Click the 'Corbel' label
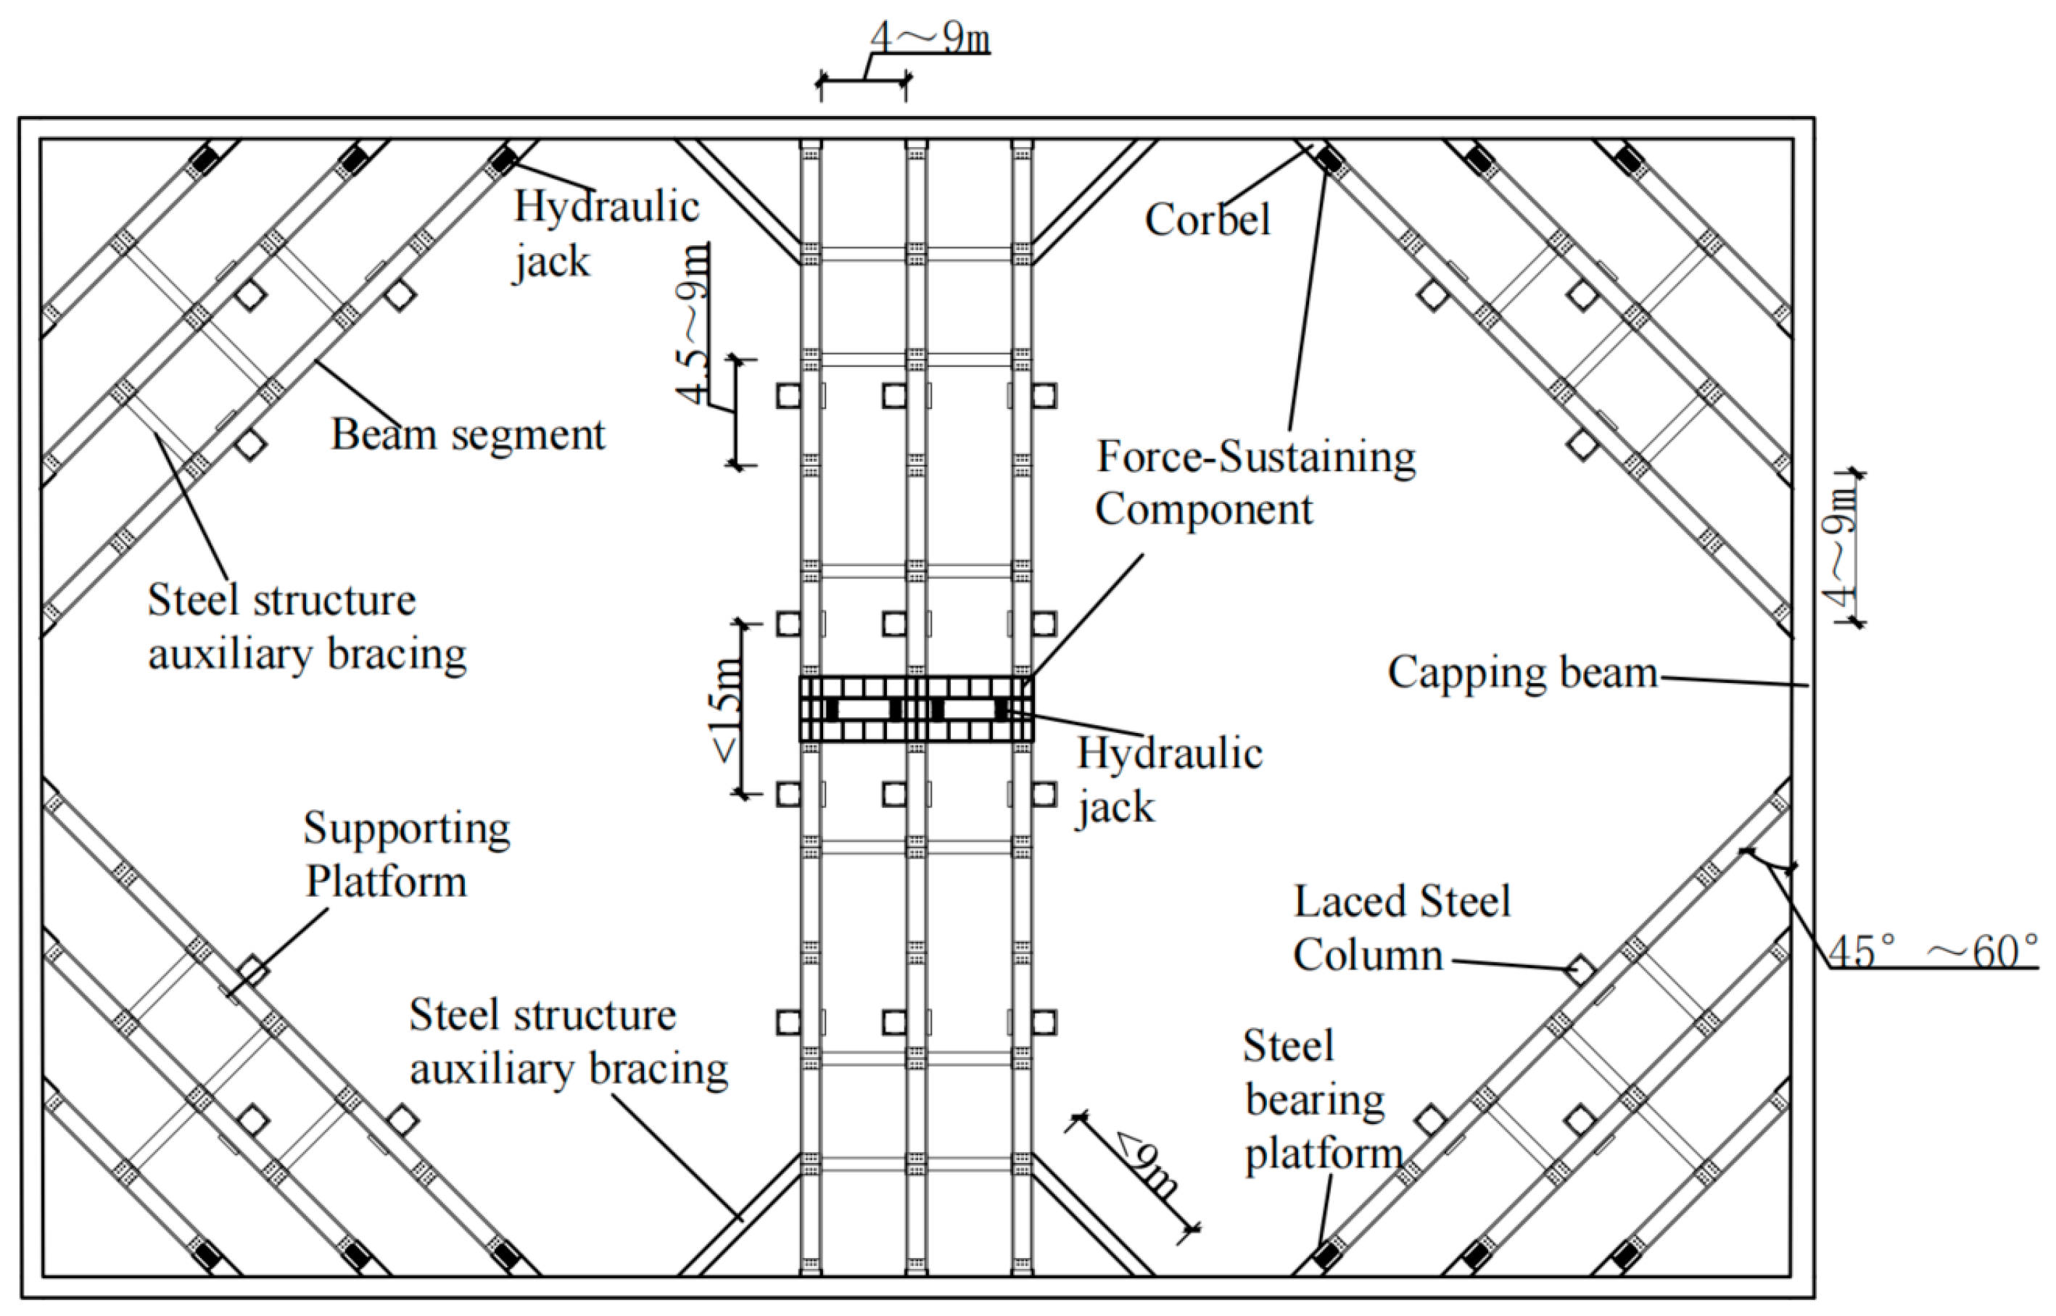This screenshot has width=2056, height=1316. pos(1207,220)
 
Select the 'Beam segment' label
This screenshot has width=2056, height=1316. pos(468,435)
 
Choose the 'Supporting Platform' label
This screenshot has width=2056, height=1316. pos(406,855)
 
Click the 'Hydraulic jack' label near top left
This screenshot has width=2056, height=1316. pos(606,233)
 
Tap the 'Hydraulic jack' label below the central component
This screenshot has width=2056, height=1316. pos(1168,779)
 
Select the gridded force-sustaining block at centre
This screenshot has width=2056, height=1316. pos(916,709)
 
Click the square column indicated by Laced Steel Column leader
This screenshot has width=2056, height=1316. pos(1580,970)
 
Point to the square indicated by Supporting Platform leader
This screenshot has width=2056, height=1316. pos(252,972)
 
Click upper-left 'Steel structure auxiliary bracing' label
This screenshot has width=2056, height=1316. pos(306,627)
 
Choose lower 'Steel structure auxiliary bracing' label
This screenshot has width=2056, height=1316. pos(569,1043)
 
